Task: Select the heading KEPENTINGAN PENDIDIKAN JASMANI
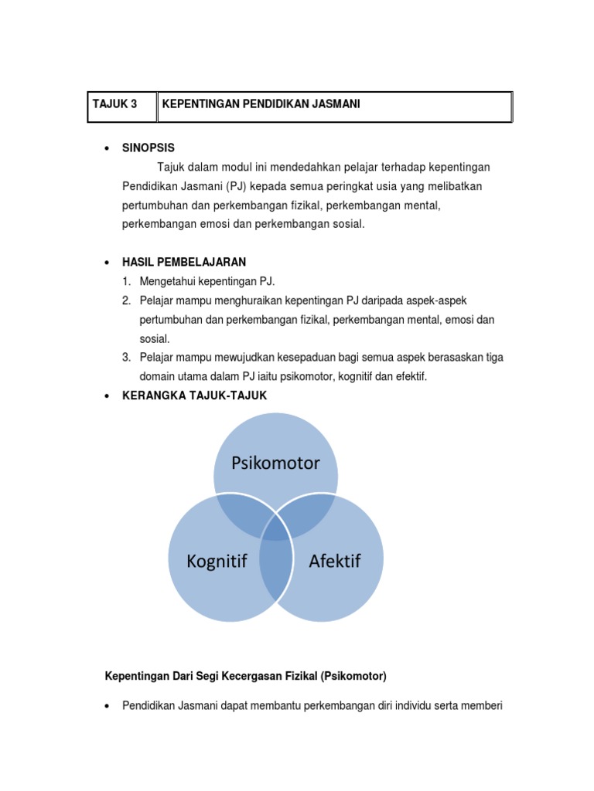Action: (x=261, y=104)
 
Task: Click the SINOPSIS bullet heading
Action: (x=148, y=148)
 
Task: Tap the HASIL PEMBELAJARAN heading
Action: (x=184, y=262)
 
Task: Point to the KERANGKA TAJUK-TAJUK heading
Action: (x=194, y=395)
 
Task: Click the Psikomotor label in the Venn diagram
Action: (x=275, y=463)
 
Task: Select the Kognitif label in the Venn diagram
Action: (x=217, y=561)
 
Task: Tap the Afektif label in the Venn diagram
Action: (x=334, y=561)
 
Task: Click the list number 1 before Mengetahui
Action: (x=126, y=281)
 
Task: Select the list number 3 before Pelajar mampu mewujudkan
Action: (x=126, y=357)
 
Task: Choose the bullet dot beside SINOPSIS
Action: (x=106, y=148)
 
